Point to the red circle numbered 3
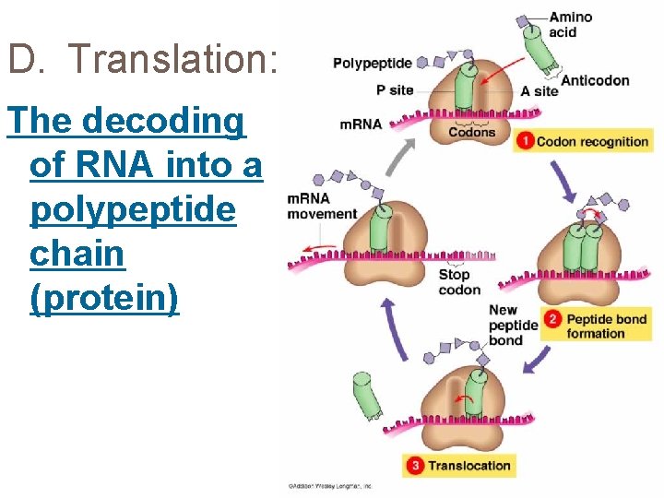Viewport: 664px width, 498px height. [415, 466]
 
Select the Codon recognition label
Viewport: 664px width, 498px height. [592, 142]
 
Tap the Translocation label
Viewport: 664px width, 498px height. [468, 466]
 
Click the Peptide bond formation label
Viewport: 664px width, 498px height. [607, 326]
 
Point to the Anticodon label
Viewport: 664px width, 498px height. [595, 80]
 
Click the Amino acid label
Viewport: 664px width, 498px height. [570, 25]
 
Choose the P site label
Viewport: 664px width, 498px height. [395, 90]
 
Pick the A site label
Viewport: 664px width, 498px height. [539, 91]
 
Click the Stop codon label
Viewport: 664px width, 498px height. [459, 282]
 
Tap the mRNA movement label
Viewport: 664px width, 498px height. [321, 207]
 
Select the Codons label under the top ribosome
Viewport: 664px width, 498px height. [471, 133]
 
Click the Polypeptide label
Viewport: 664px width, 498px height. [372, 64]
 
